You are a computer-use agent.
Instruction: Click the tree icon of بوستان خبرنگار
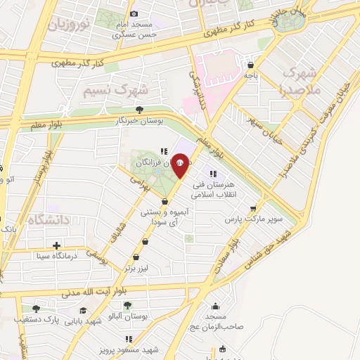[x=139, y=110]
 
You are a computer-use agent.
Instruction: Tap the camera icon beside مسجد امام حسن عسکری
[x=135, y=13]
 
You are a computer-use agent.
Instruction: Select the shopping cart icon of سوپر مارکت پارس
[x=254, y=208]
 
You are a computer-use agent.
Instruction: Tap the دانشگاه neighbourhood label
[x=49, y=220]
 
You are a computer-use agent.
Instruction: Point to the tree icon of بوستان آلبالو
[x=127, y=305]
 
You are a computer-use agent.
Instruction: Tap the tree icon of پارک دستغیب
[x=35, y=309]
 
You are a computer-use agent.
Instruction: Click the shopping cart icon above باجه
[x=249, y=61]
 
